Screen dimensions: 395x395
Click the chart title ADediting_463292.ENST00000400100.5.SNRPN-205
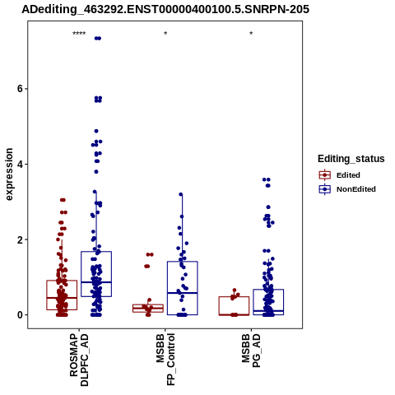coord(165,10)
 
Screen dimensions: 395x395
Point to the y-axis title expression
coord(9,174)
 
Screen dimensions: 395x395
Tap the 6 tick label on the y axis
coord(20,89)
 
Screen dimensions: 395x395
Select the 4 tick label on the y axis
coord(20,164)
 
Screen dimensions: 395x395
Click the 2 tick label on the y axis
coord(20,239)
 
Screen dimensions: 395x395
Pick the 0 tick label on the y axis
coord(20,315)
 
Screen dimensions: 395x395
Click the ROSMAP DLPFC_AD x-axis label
coord(79,360)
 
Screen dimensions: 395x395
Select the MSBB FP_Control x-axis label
coord(165,359)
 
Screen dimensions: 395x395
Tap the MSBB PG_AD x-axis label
coord(251,351)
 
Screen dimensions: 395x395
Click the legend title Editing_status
coord(351,159)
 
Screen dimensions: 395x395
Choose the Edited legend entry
coord(339,175)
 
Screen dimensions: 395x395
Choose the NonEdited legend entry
coord(347,189)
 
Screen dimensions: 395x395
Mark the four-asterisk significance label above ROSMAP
coord(79,34)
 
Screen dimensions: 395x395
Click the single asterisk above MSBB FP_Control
coord(165,34)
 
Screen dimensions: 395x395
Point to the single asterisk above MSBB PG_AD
coord(251,34)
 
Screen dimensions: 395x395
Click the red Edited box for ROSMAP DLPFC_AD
coord(62,281)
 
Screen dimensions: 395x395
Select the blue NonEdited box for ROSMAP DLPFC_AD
coord(96,252)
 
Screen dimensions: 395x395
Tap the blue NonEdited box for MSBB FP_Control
coord(183,262)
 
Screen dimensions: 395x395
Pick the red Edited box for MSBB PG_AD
coord(234,297)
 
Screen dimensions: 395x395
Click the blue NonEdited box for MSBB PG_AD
coord(268,290)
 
